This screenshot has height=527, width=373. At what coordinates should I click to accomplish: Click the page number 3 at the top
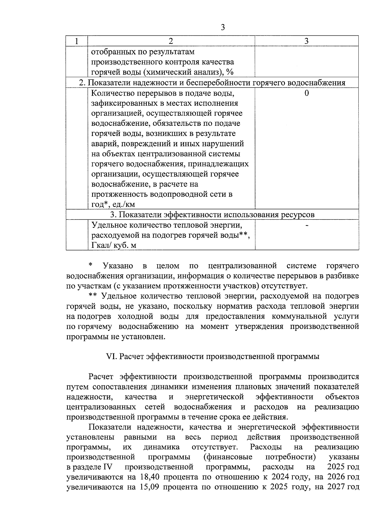tap(222, 27)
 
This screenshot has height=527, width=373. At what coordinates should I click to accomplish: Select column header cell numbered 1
tap(77, 41)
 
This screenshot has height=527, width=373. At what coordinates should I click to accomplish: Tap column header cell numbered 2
tap(171, 41)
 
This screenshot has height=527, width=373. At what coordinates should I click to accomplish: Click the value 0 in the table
tap(306, 93)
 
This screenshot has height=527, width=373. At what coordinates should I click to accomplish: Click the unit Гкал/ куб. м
tap(114, 245)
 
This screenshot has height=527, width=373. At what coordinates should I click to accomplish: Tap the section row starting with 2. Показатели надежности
tap(212, 83)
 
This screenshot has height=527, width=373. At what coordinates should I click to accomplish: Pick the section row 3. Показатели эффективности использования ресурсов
tap(212, 215)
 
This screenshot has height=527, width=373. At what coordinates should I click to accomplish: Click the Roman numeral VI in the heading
tap(111, 357)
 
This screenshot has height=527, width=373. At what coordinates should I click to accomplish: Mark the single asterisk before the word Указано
tap(90, 265)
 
